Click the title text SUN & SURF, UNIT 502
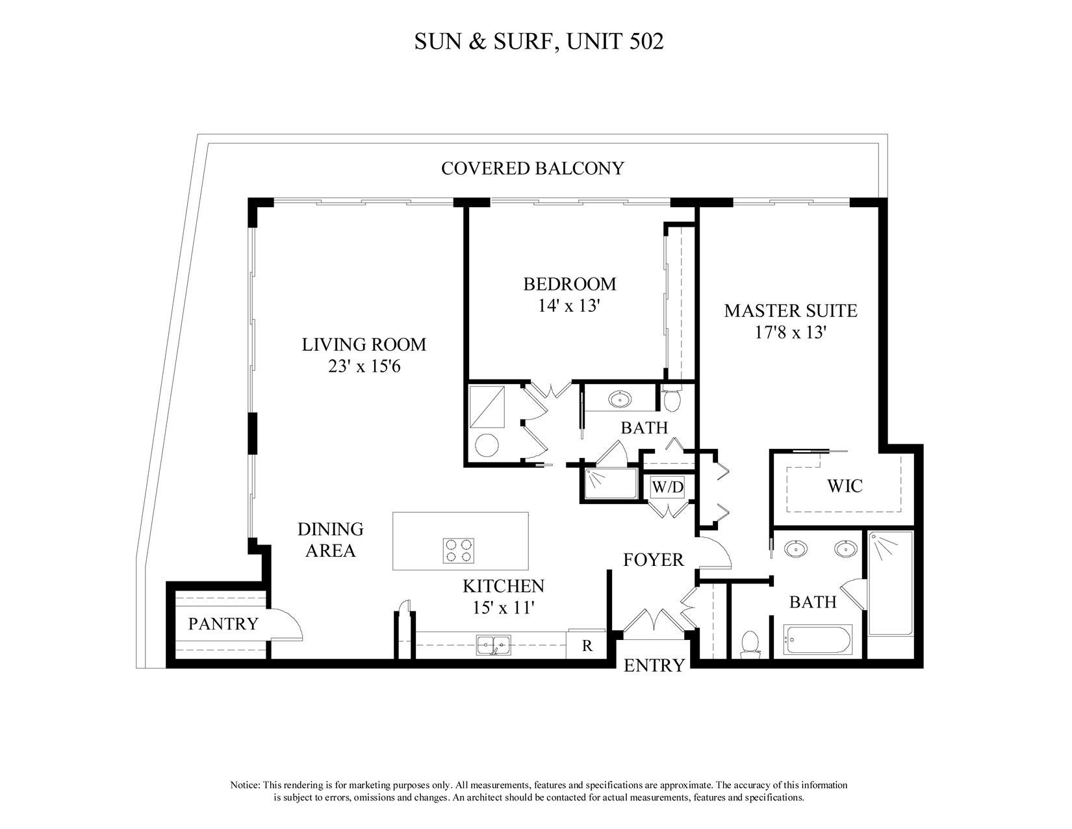click(539, 42)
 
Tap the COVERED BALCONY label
click(532, 168)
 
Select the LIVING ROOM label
click(364, 344)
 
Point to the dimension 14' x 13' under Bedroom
click(567, 306)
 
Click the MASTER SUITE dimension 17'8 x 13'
click(790, 333)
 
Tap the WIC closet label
click(844, 485)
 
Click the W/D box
click(668, 487)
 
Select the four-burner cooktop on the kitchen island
click(458, 550)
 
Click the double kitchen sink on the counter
click(493, 645)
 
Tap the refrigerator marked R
click(587, 646)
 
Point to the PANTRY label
click(223, 624)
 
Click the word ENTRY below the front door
click(654, 665)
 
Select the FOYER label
click(653, 559)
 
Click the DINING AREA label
click(330, 540)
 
